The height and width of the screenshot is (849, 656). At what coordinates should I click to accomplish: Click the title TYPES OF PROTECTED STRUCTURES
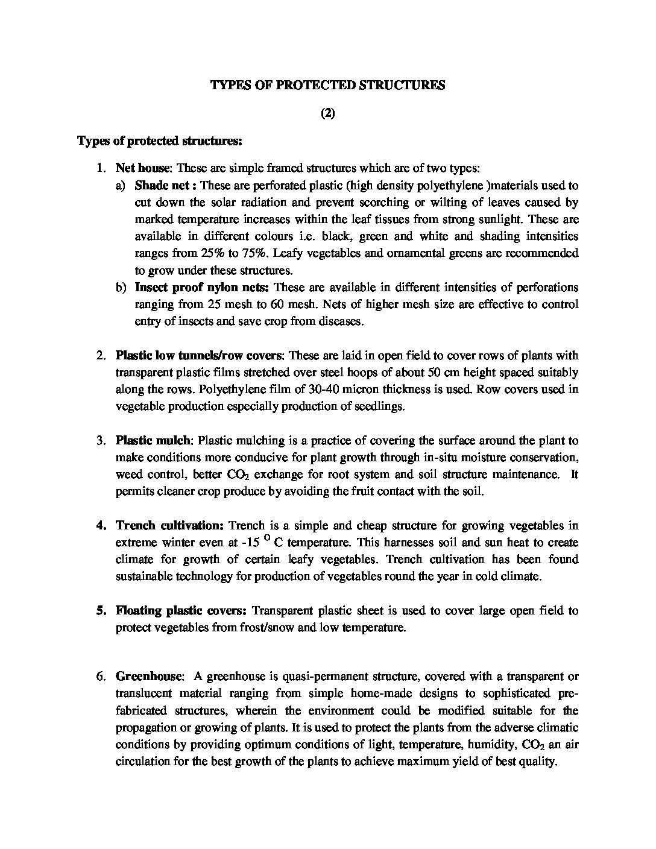pyautogui.click(x=327, y=85)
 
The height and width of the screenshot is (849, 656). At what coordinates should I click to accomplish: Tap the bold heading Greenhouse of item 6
pyautogui.click(x=144, y=676)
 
